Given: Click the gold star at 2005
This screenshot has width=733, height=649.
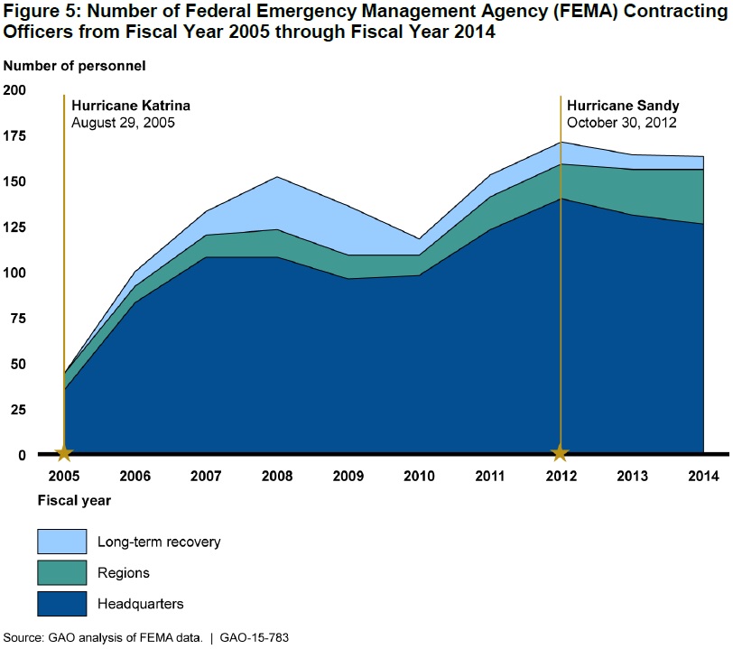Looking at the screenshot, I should pyautogui.click(x=64, y=453).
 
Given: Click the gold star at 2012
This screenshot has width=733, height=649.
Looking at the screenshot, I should pyautogui.click(x=561, y=453).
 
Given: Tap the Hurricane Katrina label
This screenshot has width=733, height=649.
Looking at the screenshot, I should pyautogui.click(x=131, y=106).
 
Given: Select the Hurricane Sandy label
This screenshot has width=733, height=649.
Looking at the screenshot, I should pyautogui.click(x=623, y=106).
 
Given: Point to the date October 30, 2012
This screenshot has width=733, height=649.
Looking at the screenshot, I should pyautogui.click(x=622, y=122).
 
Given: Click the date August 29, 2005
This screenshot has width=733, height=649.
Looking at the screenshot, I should pyautogui.click(x=123, y=122).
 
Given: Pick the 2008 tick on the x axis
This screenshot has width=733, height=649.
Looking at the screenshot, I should pyautogui.click(x=277, y=476).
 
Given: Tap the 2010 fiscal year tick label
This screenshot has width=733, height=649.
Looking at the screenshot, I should pyautogui.click(x=419, y=476).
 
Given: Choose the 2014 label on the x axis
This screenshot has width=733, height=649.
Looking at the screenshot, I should pyautogui.click(x=702, y=476).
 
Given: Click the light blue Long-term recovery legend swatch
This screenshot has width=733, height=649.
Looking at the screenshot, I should pyautogui.click(x=62, y=542).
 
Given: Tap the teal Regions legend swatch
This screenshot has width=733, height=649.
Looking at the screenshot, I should pyautogui.click(x=62, y=572).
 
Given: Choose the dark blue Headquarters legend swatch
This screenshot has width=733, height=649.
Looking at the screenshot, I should pyautogui.click(x=62, y=603).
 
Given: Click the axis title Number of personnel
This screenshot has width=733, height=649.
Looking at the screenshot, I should pyautogui.click(x=74, y=66).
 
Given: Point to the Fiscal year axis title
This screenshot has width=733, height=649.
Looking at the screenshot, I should pyautogui.click(x=74, y=499).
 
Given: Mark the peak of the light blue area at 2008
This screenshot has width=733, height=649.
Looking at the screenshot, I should pyautogui.click(x=277, y=177).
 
